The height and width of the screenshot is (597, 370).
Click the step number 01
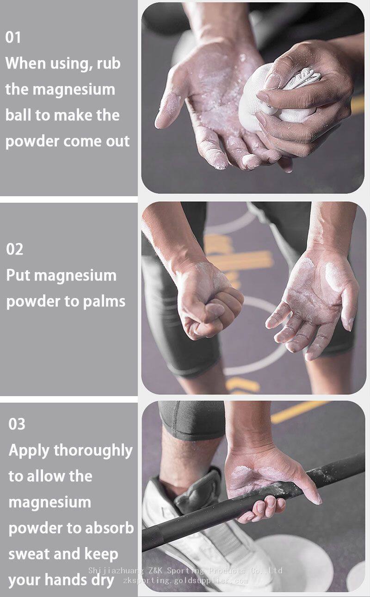point(13,37)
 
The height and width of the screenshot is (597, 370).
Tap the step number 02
point(15,249)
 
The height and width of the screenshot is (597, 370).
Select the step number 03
point(17,424)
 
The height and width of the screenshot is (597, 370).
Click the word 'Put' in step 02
point(18,275)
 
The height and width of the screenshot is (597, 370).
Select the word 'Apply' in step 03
point(29,451)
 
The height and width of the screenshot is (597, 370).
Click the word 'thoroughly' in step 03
point(93,451)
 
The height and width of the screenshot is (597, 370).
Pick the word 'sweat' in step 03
point(29,554)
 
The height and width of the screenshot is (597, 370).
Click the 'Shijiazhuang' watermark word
point(116,571)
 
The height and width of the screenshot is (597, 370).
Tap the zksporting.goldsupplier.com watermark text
point(185,580)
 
